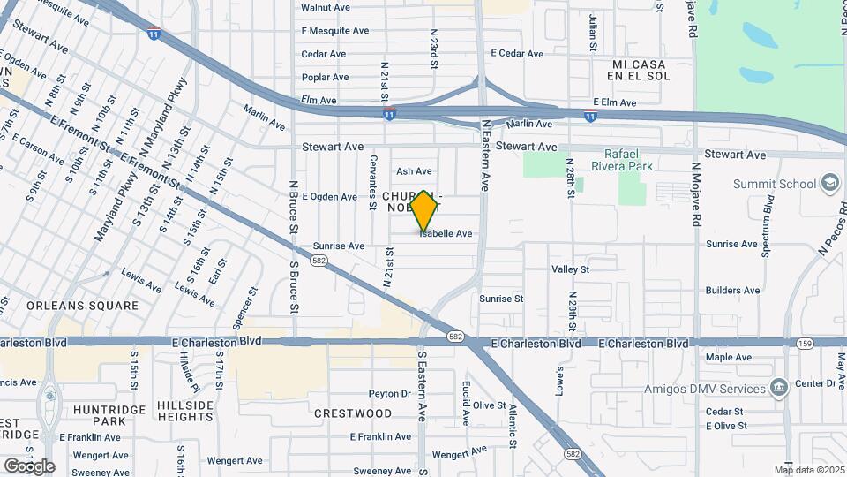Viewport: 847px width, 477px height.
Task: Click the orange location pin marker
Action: [x=424, y=210]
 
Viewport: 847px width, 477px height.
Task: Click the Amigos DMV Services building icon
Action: [x=778, y=389]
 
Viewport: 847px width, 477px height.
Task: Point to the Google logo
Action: [x=28, y=466]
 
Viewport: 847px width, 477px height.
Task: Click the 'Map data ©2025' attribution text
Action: [x=808, y=470]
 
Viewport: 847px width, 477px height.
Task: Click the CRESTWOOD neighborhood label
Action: [x=353, y=413]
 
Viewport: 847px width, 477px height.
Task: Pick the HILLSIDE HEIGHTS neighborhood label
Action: [x=185, y=412]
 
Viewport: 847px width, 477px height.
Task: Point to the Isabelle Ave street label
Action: [x=446, y=234]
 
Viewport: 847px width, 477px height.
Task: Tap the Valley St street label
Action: [x=570, y=269]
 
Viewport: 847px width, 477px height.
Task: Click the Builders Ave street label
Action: [x=732, y=290]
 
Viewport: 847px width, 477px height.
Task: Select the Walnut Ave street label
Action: [x=325, y=7]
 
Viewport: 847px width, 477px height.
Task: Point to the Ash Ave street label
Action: [x=414, y=171]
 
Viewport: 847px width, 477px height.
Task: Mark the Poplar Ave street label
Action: [x=324, y=78]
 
